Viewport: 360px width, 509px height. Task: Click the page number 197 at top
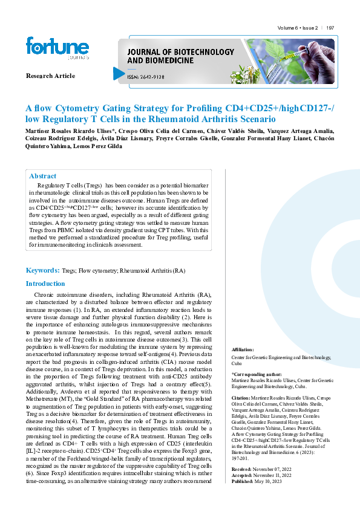point(330,28)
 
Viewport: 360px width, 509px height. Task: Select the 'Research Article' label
point(50,76)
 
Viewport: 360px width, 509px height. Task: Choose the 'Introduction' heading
point(45,284)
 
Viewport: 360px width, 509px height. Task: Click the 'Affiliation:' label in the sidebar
point(243,350)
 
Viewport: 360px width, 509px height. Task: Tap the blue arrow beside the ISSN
point(119,74)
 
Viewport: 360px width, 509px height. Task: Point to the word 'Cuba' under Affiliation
point(237,362)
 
